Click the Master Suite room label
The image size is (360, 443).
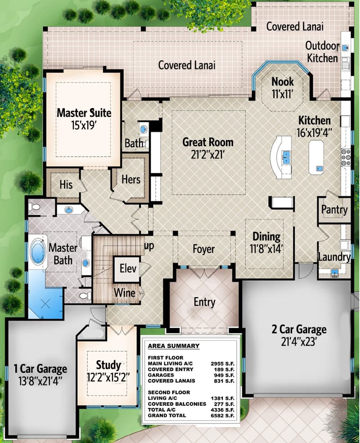click(x=84, y=112)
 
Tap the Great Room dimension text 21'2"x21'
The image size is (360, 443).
click(x=207, y=154)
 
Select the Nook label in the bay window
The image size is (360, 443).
click(x=283, y=81)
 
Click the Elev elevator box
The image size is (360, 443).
click(x=128, y=269)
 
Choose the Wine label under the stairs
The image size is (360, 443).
click(x=124, y=293)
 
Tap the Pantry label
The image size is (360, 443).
click(x=334, y=210)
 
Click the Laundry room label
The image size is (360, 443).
click(x=334, y=257)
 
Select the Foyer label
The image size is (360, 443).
click(x=204, y=249)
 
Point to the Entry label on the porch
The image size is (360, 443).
click(x=204, y=302)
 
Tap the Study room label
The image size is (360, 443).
click(x=108, y=364)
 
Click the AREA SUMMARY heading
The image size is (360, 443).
click(x=174, y=346)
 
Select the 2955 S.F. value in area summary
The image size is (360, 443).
click(x=222, y=362)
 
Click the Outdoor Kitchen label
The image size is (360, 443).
click(x=322, y=52)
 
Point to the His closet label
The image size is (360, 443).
click(x=66, y=185)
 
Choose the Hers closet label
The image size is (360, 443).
click(x=131, y=179)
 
